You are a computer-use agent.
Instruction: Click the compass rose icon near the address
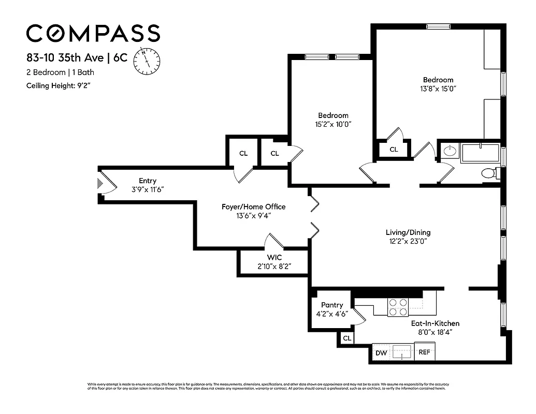pyautogui.click(x=147, y=60)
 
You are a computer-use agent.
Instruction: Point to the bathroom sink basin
pyautogui.click(x=450, y=152)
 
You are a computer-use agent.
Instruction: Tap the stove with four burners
pyautogui.click(x=398, y=307)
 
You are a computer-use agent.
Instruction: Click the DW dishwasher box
pyautogui.click(x=381, y=353)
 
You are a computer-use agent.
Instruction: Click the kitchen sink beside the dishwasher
pyautogui.click(x=402, y=352)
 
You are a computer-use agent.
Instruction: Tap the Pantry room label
pyautogui.click(x=332, y=305)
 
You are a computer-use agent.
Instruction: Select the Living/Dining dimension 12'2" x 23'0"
pyautogui.click(x=408, y=241)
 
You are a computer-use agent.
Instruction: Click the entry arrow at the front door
pyautogui.click(x=100, y=183)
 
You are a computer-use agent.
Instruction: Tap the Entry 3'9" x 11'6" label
pyautogui.click(x=148, y=185)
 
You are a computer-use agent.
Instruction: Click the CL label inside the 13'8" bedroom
pyautogui.click(x=394, y=150)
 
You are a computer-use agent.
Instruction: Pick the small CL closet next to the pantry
pyautogui.click(x=347, y=338)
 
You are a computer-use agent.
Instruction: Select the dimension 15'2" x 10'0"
pyautogui.click(x=333, y=124)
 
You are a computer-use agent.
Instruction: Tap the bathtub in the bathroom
pyautogui.click(x=480, y=153)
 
